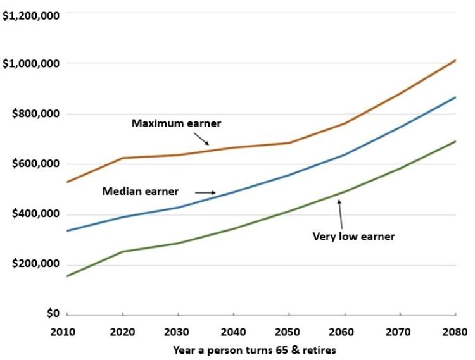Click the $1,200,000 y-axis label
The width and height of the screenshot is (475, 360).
(x=30, y=15)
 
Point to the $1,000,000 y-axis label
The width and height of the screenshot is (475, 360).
(x=30, y=64)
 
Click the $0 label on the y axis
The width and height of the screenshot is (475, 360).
(x=51, y=314)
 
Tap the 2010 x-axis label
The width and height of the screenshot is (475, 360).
(x=66, y=332)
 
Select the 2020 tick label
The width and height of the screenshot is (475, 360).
(x=122, y=332)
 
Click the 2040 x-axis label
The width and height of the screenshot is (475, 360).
(x=233, y=332)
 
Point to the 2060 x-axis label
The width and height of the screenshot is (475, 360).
(x=345, y=332)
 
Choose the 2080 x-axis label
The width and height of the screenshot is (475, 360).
(x=455, y=332)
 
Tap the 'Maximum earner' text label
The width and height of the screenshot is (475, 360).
(x=176, y=123)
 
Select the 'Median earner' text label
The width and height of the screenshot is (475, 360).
(x=141, y=191)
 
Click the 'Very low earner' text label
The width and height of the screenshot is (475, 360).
(x=353, y=237)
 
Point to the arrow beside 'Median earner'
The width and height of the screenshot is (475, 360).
(x=205, y=192)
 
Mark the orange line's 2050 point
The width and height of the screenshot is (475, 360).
(x=289, y=143)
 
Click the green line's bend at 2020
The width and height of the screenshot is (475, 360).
(x=122, y=252)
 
